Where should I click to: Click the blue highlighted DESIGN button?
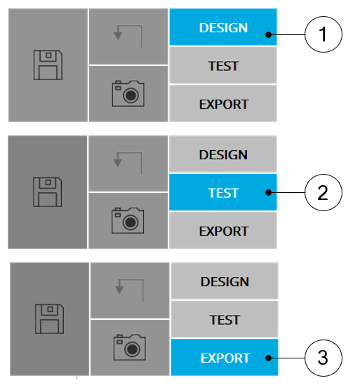pyautogui.click(x=223, y=27)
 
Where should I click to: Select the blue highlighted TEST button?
pyautogui.click(x=223, y=192)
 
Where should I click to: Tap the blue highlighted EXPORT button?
pyautogui.click(x=225, y=357)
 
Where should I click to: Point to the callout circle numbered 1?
pyautogui.click(x=324, y=34)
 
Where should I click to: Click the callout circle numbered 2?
pyautogui.click(x=324, y=192)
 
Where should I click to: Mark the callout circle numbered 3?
pyautogui.click(x=324, y=358)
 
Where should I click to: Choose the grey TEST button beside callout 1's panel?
pyautogui.click(x=223, y=65)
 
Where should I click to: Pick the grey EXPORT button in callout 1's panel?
pyautogui.click(x=223, y=104)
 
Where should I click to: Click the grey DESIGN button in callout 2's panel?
pyautogui.click(x=223, y=154)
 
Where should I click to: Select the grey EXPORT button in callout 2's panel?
pyautogui.click(x=223, y=230)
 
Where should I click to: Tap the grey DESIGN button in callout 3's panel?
pyautogui.click(x=225, y=281)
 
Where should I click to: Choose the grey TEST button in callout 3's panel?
pyautogui.click(x=225, y=319)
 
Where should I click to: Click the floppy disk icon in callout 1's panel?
pyautogui.click(x=48, y=65)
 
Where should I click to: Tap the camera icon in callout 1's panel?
pyautogui.click(x=128, y=93)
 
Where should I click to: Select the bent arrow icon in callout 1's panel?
pyautogui.click(x=128, y=36)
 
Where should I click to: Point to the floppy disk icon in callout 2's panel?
pyautogui.click(x=48, y=191)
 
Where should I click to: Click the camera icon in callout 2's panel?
pyautogui.click(x=128, y=220)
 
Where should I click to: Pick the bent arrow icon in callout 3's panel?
pyautogui.click(x=130, y=290)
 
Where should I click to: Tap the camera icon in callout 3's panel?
pyautogui.click(x=130, y=347)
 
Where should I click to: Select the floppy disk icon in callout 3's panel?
pyautogui.click(x=50, y=318)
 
